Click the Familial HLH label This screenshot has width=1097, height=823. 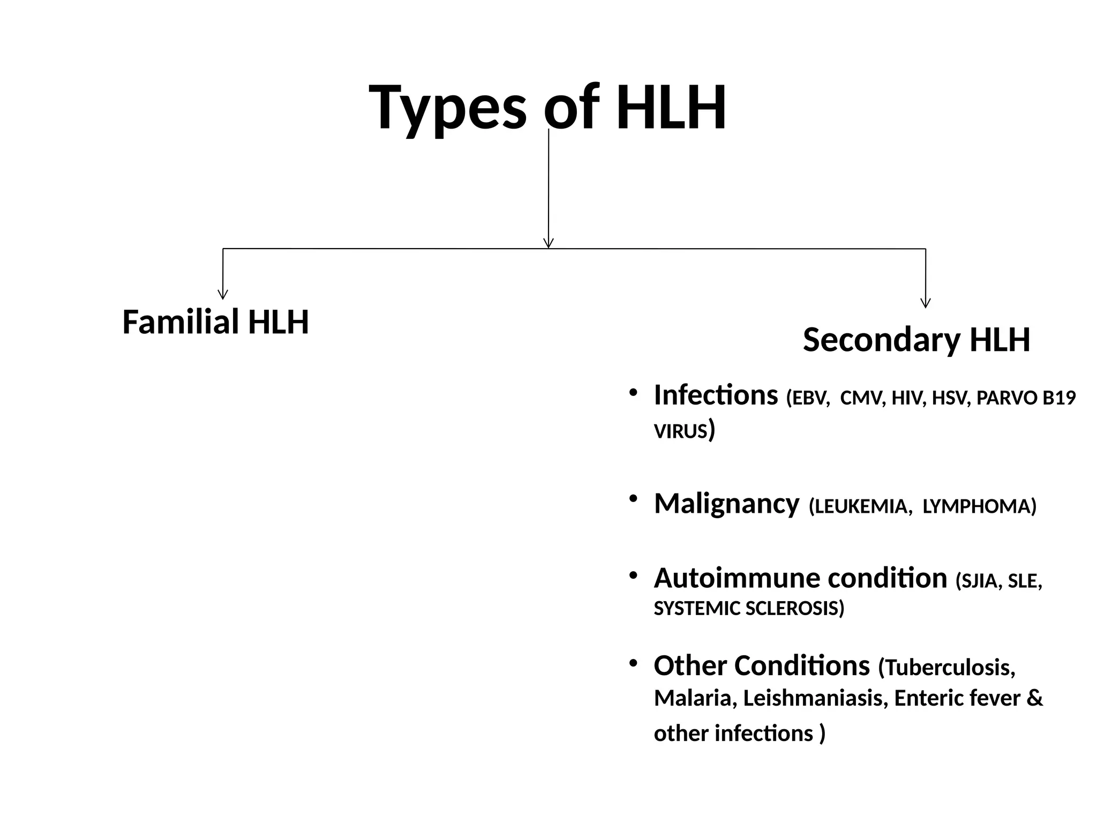(x=215, y=322)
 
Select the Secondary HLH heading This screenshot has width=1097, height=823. (x=916, y=340)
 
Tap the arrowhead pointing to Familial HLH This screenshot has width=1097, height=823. (x=223, y=294)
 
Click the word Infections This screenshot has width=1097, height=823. (x=716, y=395)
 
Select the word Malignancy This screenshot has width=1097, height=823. (x=726, y=504)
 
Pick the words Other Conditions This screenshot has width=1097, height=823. (x=761, y=666)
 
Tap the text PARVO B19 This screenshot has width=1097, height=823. (x=1026, y=399)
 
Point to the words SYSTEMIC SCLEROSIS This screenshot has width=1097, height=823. (x=748, y=609)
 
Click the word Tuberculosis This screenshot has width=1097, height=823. (x=949, y=668)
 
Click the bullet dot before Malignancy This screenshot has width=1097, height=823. (x=633, y=499)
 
